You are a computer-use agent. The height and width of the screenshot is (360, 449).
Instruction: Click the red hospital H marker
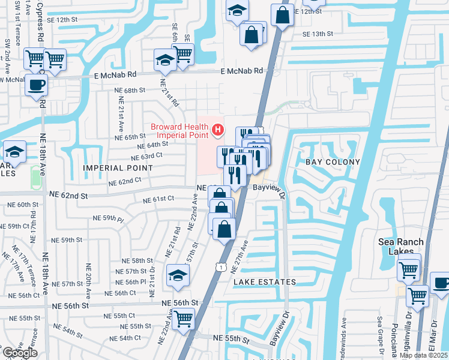point(218,128)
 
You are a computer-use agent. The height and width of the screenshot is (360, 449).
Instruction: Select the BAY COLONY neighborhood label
point(333,162)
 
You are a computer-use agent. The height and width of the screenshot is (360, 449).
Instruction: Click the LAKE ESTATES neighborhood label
point(265,281)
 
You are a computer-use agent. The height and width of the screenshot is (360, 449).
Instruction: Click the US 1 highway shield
point(221,266)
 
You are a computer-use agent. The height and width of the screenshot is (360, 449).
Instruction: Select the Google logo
point(19,353)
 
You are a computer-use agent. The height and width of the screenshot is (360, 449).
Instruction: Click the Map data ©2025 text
point(423,355)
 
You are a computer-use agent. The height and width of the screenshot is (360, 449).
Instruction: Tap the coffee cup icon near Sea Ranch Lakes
point(441,283)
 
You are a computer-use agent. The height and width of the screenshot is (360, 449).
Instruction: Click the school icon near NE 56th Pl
point(177,275)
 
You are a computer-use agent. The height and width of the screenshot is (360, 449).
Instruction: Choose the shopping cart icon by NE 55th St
point(183,319)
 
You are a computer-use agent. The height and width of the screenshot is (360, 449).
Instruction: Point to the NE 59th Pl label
point(108,218)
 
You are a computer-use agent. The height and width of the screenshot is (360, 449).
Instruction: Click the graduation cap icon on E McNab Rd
point(164,60)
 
